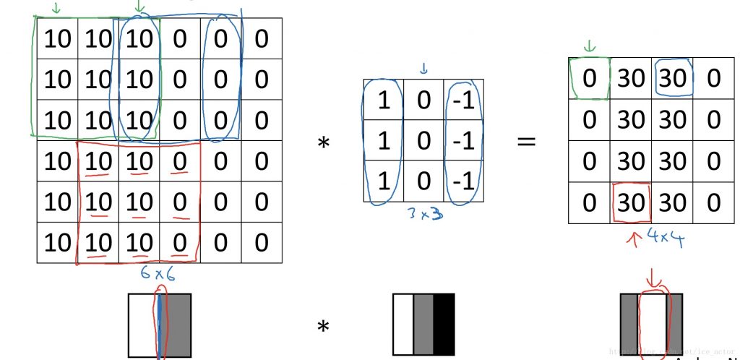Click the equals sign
(527, 141)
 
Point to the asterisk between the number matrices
(324, 142)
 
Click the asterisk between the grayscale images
(324, 327)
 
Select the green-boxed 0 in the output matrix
(590, 79)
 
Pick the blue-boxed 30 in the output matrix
(672, 79)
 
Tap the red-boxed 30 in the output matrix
(631, 202)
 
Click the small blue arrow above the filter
(424, 69)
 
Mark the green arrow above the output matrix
(590, 46)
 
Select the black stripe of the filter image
(444, 325)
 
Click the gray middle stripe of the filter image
(423, 325)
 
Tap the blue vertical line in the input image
(159, 325)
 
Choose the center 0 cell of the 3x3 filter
(424, 140)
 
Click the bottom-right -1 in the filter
(463, 180)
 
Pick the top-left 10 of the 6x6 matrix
(57, 39)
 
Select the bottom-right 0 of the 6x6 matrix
(261, 243)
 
